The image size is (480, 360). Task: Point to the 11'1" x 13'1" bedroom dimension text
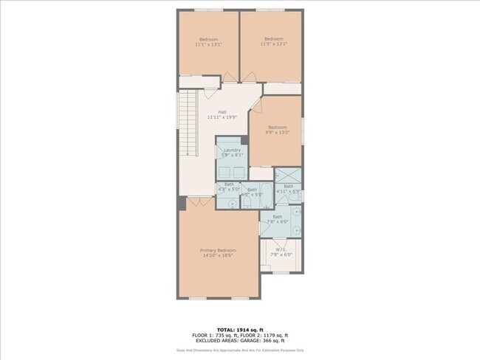(x=208, y=44)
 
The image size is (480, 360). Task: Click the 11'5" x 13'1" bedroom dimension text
(x=273, y=44)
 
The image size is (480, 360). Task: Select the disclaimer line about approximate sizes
(x=239, y=350)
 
